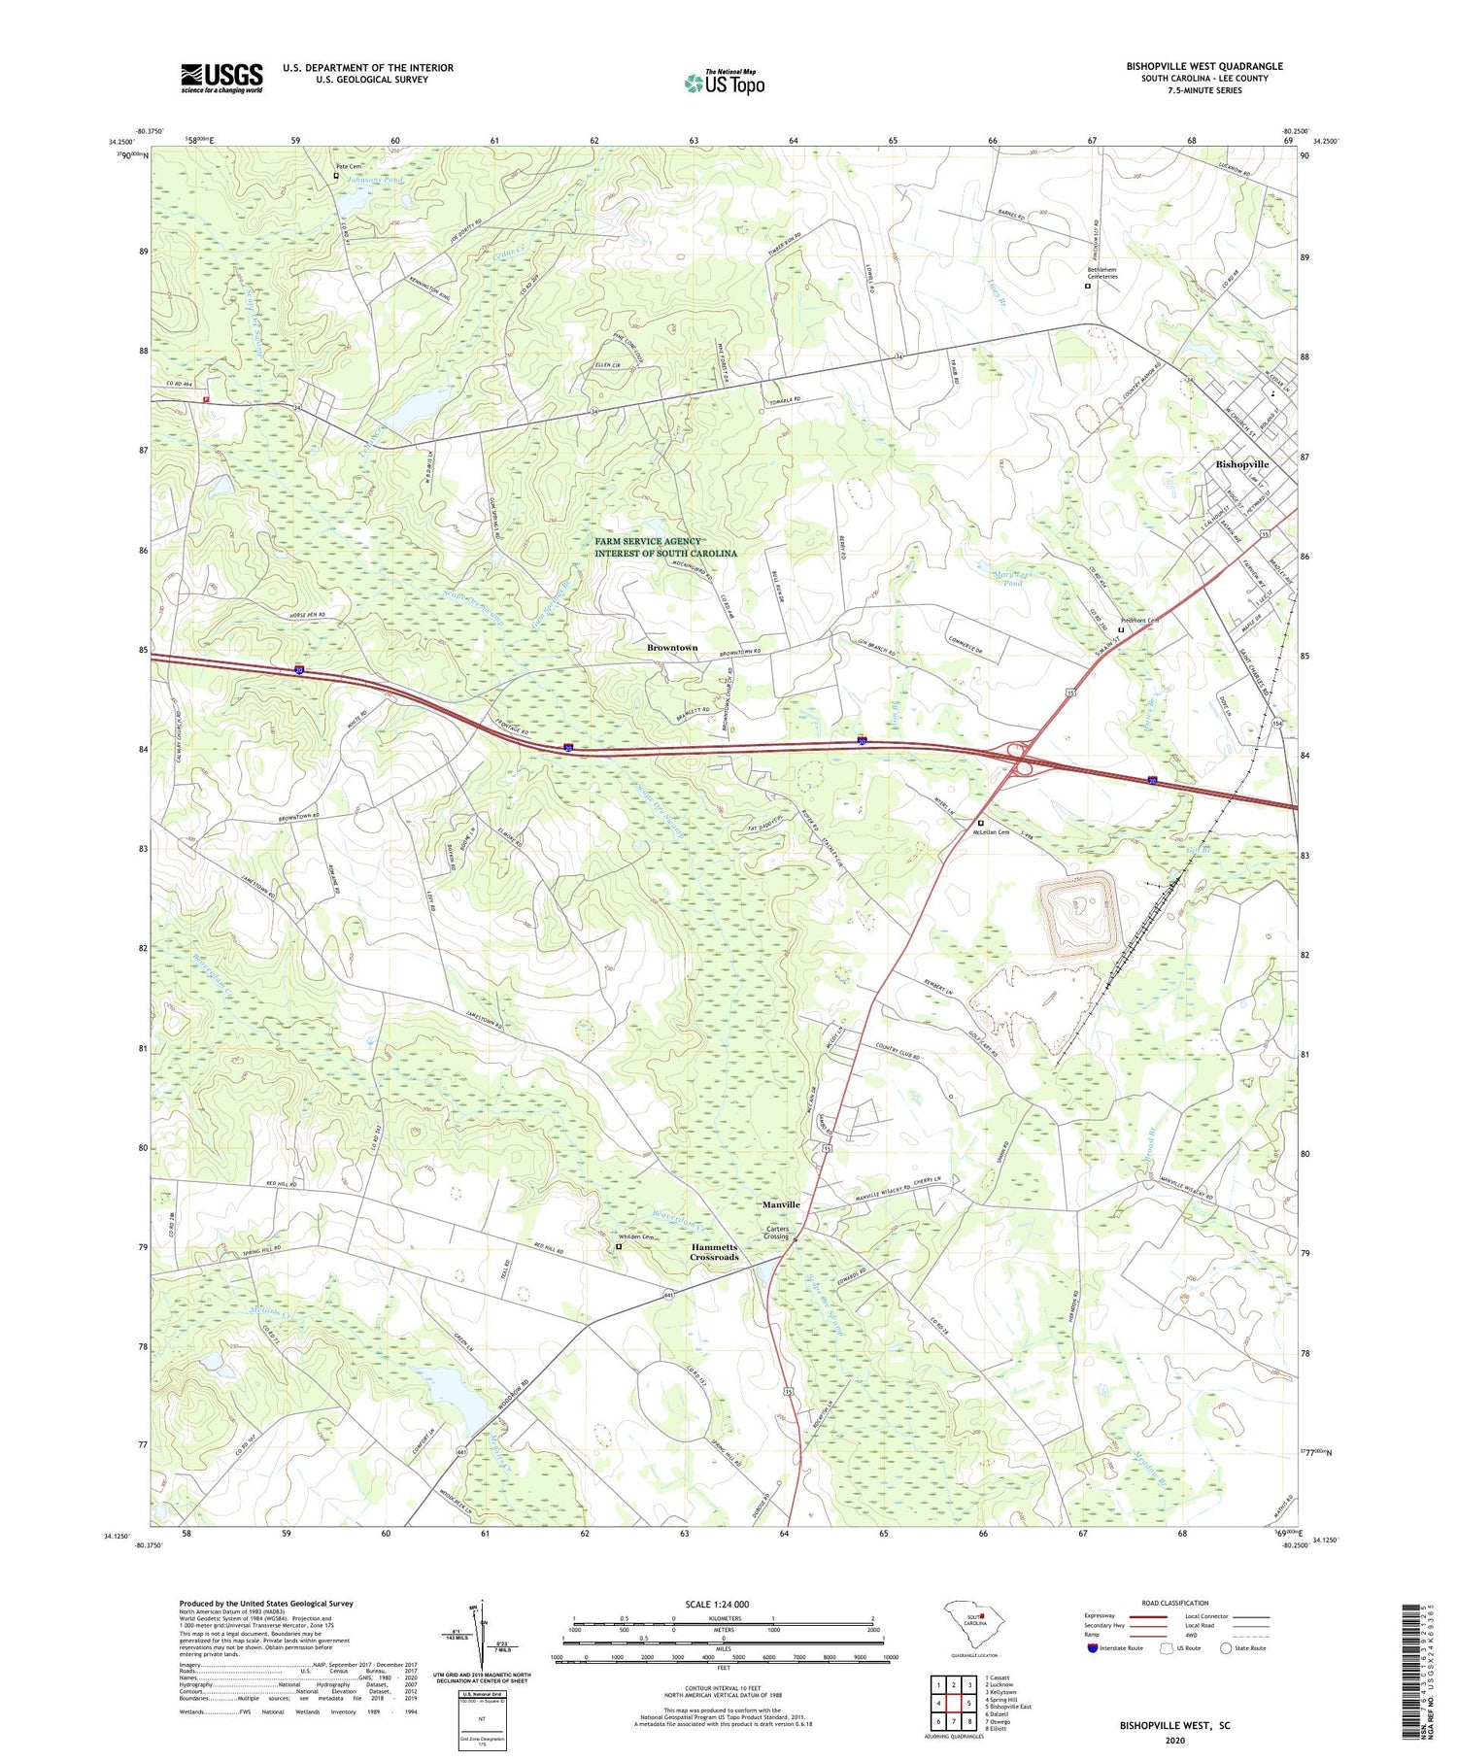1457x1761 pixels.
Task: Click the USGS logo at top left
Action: click(221, 78)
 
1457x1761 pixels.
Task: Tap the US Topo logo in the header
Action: click(725, 83)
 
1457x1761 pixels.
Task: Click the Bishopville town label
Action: click(1242, 464)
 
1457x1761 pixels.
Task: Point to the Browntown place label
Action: click(672, 647)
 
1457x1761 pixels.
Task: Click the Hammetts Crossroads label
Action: click(714, 1252)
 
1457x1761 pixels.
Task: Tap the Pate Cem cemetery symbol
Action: click(336, 176)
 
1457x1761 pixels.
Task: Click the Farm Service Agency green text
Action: click(665, 547)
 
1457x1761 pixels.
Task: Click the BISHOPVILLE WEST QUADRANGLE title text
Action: click(1204, 66)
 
